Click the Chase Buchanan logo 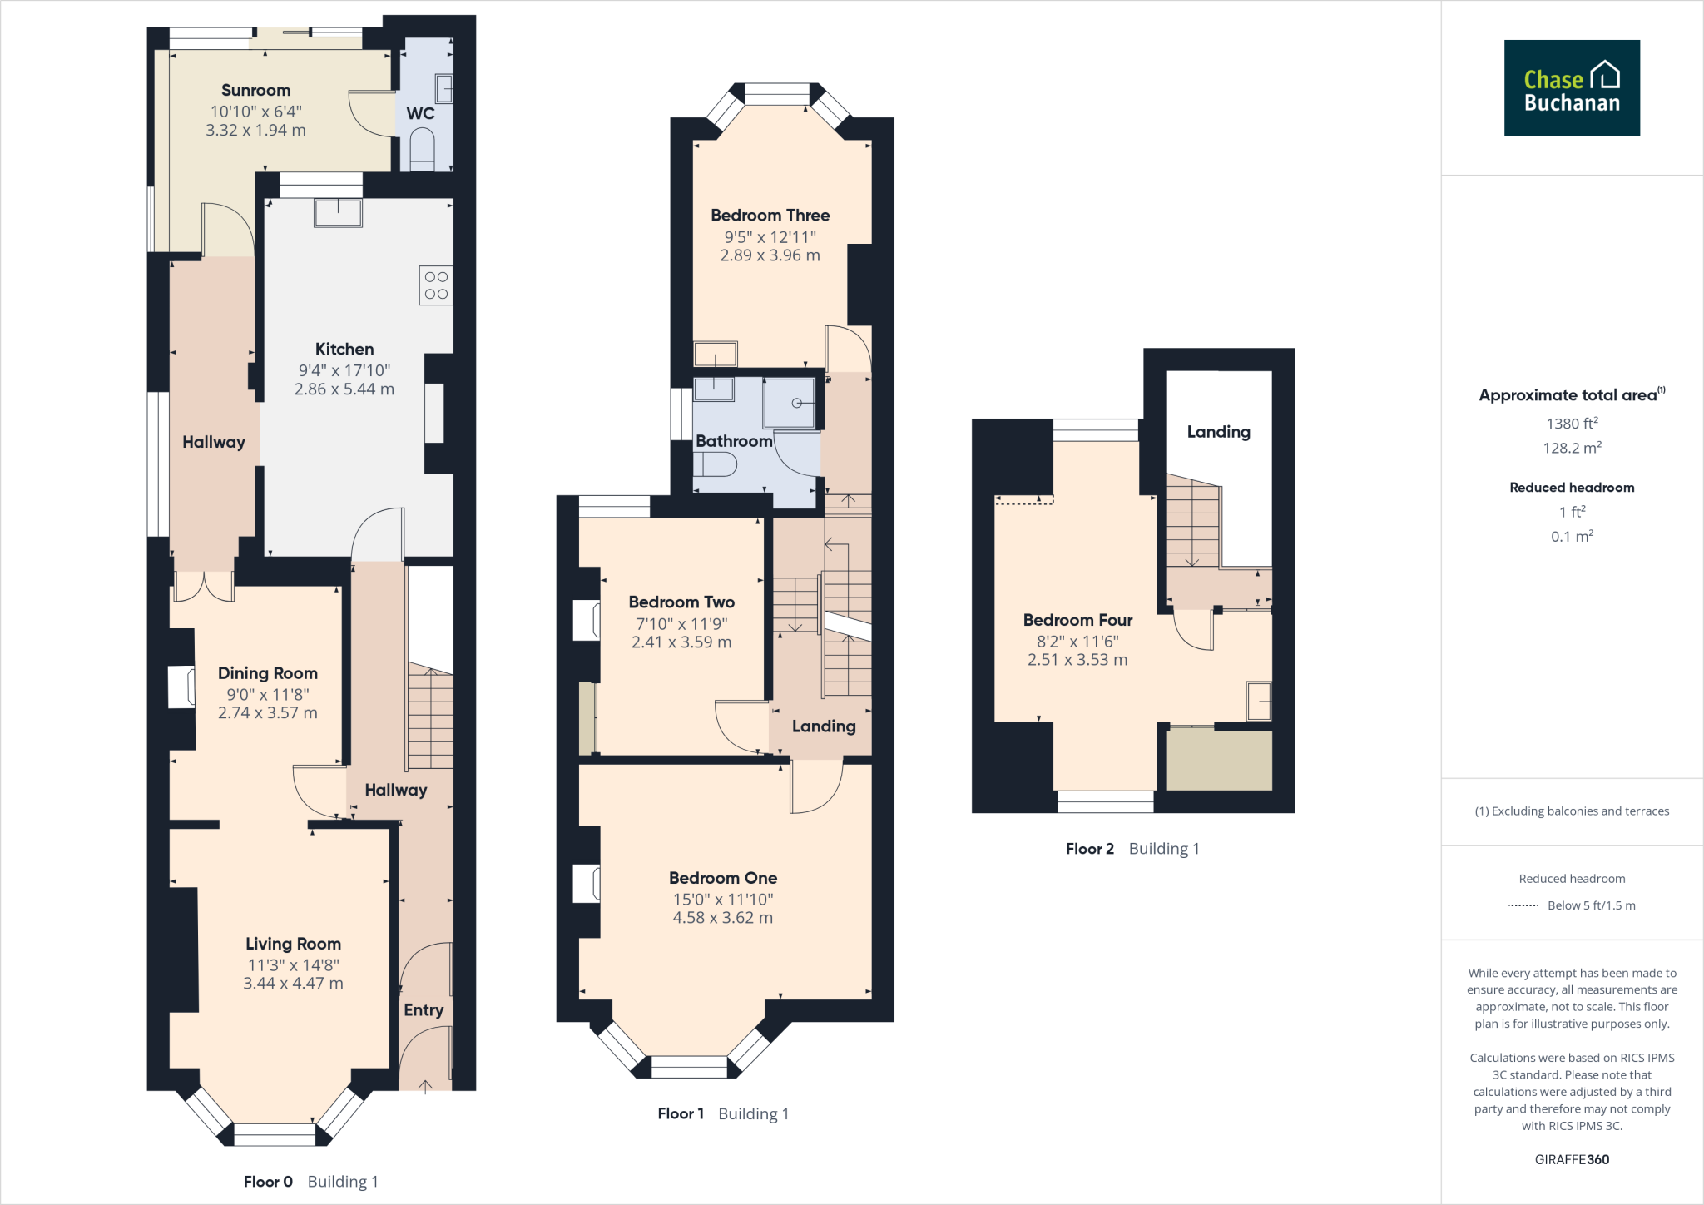[x=1571, y=87]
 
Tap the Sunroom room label [x=255, y=90]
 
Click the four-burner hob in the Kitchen [x=436, y=285]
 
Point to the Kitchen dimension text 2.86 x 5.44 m [x=344, y=389]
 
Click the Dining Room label [x=267, y=672]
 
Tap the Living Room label [x=293, y=943]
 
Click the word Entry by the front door [x=423, y=1009]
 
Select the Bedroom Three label [x=770, y=215]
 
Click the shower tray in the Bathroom [x=790, y=403]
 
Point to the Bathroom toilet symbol [x=716, y=464]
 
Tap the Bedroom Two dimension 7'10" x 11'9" [x=681, y=623]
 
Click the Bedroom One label [x=722, y=877]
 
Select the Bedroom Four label [x=1077, y=620]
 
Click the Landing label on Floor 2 [x=1218, y=431]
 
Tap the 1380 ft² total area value [x=1571, y=424]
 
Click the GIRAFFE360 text [x=1571, y=1159]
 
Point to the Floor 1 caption [x=681, y=1113]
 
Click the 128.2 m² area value [x=1571, y=448]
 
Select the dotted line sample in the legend [x=1523, y=905]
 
